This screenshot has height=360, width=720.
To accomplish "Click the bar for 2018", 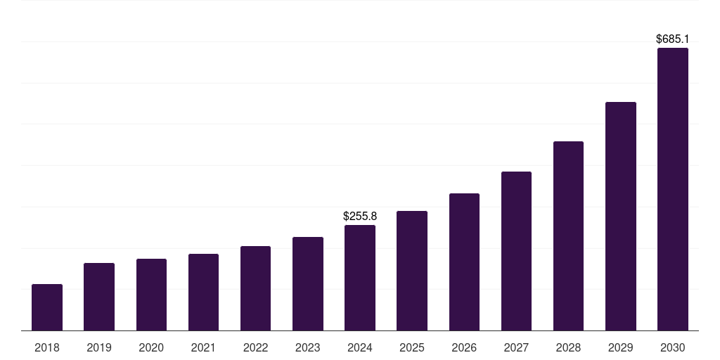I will pyautogui.click(x=47, y=307).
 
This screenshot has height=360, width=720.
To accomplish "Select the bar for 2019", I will pyautogui.click(x=99, y=297).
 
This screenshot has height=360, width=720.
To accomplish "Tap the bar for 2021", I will pyautogui.click(x=203, y=292).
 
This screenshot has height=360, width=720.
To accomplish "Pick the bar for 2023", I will pyautogui.click(x=308, y=283).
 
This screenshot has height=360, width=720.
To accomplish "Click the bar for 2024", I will pyautogui.click(x=360, y=278).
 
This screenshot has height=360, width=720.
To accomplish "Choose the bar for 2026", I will pyautogui.click(x=464, y=262).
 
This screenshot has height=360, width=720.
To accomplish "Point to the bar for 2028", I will pyautogui.click(x=568, y=236).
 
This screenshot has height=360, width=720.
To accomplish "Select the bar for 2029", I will pyautogui.click(x=620, y=216).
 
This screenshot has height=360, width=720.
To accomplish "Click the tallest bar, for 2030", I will pyautogui.click(x=672, y=189).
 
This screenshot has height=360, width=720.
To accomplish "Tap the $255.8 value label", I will pyautogui.click(x=360, y=216).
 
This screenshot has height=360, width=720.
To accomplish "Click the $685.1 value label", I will pyautogui.click(x=672, y=39).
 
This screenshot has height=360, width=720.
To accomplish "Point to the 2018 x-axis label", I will pyautogui.click(x=47, y=347).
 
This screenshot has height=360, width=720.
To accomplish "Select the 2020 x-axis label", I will pyautogui.click(x=151, y=347).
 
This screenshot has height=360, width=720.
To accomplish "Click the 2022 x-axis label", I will pyautogui.click(x=255, y=347).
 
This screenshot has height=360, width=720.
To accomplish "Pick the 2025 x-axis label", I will pyautogui.click(x=412, y=347).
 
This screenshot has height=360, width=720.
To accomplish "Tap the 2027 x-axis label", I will pyautogui.click(x=516, y=347).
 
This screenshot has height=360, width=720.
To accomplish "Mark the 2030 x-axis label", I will pyautogui.click(x=672, y=347).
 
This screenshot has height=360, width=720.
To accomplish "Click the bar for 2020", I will pyautogui.click(x=151, y=295).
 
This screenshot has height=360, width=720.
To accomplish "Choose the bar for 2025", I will pyautogui.click(x=412, y=271).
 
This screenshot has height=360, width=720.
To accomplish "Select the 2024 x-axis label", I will pyautogui.click(x=360, y=347).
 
